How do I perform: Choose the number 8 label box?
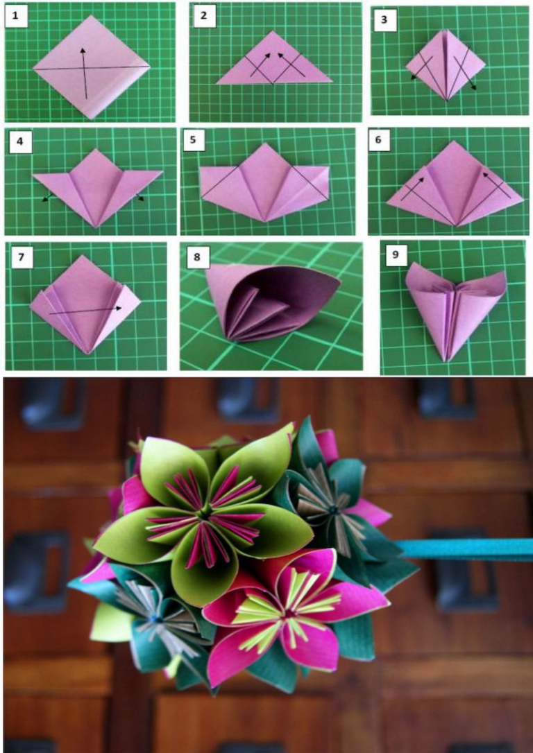click(x=197, y=257)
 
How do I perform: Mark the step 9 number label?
click(x=394, y=255)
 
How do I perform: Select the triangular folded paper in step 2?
click(x=274, y=62)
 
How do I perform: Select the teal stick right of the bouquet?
click(x=465, y=549)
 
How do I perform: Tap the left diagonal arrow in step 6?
click(x=415, y=189)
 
